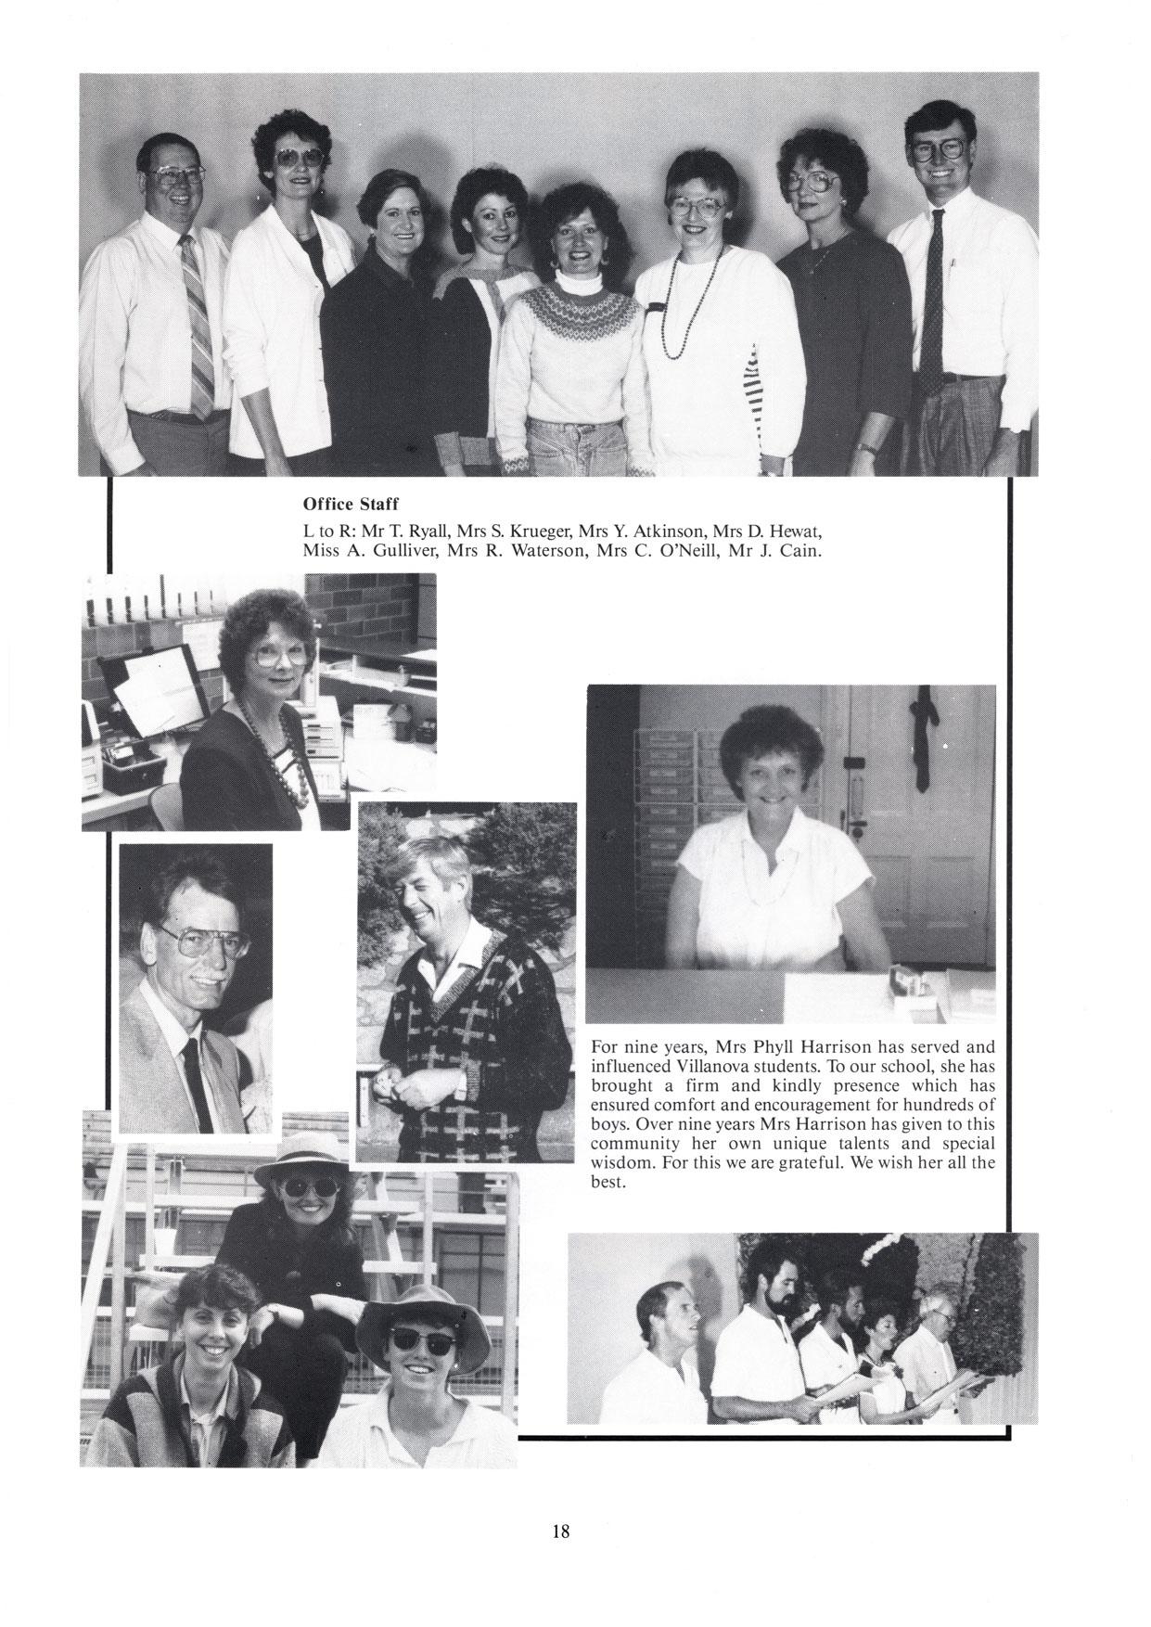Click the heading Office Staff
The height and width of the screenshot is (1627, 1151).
pyautogui.click(x=351, y=505)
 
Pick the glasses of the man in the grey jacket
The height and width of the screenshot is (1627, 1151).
pyautogui.click(x=202, y=942)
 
